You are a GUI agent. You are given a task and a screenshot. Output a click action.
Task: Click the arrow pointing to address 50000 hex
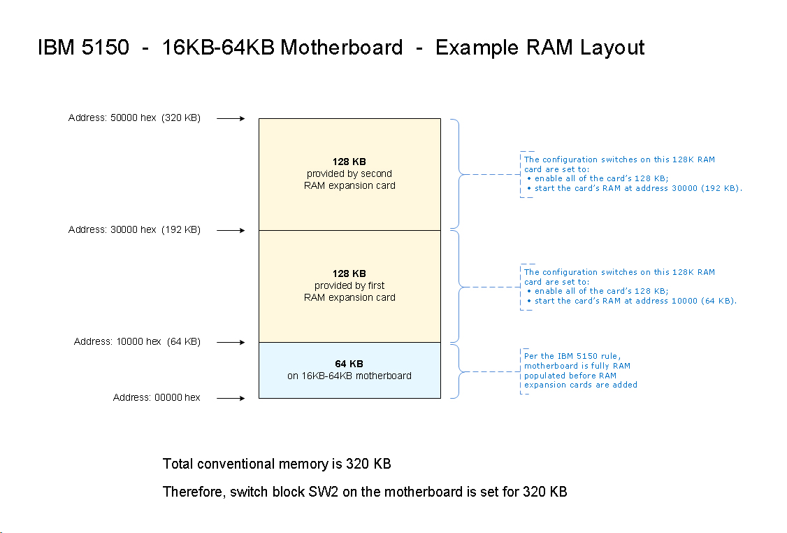(x=231, y=118)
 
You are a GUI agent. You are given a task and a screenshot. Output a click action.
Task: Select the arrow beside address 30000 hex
(x=231, y=230)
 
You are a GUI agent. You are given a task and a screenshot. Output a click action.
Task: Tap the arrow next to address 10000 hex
(x=231, y=342)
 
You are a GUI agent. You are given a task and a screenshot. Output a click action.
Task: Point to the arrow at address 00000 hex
(x=231, y=398)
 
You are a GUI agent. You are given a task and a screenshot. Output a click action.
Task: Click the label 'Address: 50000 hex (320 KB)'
(x=134, y=118)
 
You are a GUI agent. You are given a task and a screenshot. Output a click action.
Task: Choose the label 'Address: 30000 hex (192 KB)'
(x=134, y=230)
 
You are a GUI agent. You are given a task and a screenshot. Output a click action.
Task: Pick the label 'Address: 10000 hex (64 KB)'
(x=137, y=342)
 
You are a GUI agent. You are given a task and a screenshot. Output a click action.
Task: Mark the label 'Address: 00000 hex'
(x=157, y=398)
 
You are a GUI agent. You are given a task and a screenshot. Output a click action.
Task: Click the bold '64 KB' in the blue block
(x=349, y=364)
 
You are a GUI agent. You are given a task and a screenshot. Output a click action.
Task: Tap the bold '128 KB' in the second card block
(x=349, y=162)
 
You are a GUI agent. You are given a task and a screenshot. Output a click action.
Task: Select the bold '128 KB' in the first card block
(x=349, y=273)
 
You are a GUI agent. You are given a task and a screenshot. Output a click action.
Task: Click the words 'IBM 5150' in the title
(x=83, y=48)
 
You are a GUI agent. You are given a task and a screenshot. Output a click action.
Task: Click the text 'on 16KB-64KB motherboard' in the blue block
(x=349, y=376)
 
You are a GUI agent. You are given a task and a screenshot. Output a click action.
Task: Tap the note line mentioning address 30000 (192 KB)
(x=637, y=189)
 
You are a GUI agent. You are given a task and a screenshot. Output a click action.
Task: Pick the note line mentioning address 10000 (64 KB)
(x=635, y=301)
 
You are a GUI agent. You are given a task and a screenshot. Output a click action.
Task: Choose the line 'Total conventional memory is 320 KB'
(x=277, y=464)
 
